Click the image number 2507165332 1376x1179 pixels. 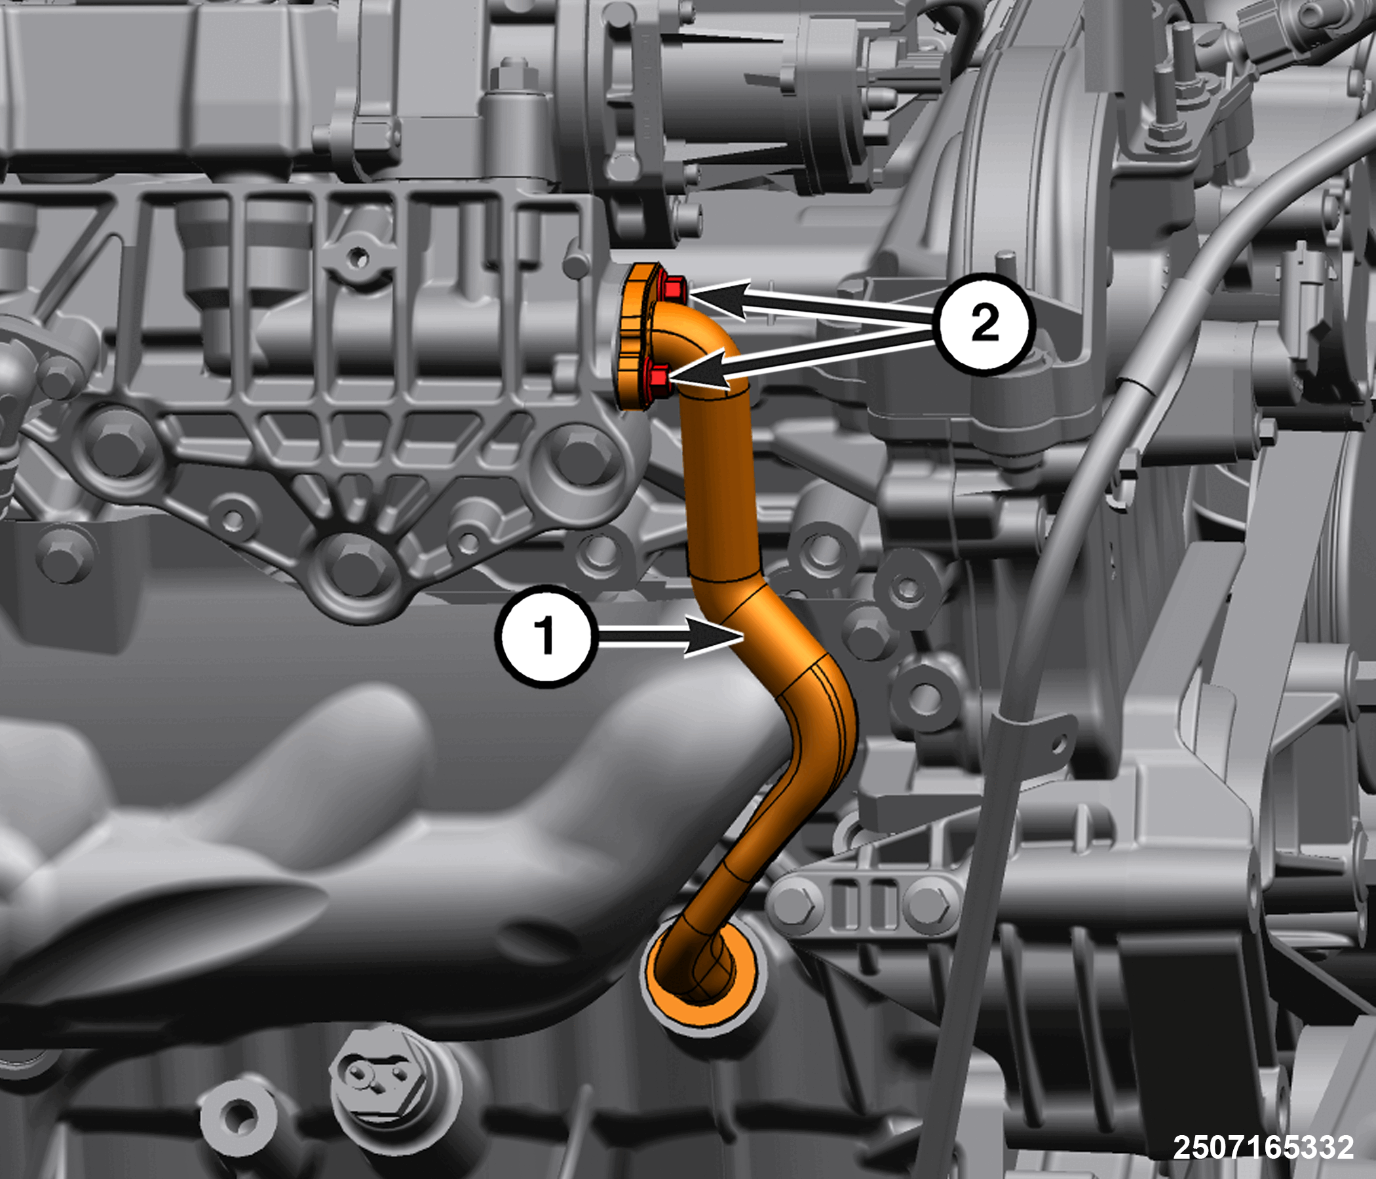pyautogui.click(x=1263, y=1146)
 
